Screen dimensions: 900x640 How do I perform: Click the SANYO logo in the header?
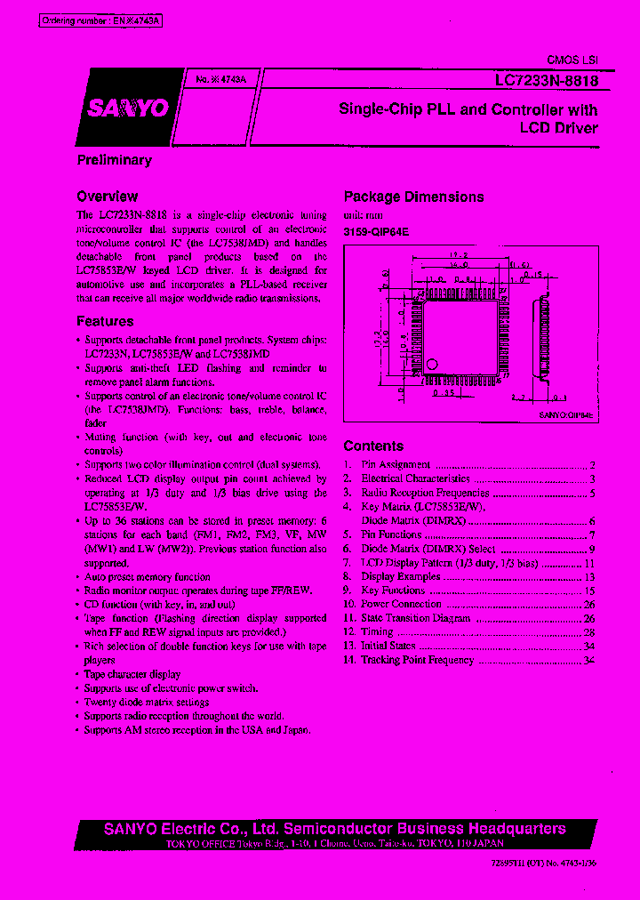tap(127, 108)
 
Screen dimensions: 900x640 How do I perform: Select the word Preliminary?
tap(114, 160)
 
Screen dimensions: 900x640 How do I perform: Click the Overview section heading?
tap(107, 197)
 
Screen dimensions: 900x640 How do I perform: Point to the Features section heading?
tap(105, 322)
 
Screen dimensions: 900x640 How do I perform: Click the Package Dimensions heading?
tap(413, 197)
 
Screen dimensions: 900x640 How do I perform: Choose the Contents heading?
tap(373, 446)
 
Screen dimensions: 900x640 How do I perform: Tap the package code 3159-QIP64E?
tap(377, 231)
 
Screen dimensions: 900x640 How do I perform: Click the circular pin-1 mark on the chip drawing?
tap(433, 364)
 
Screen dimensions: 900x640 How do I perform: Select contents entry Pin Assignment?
tap(396, 465)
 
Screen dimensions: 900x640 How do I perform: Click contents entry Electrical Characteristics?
tap(415, 479)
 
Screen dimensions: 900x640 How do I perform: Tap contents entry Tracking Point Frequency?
tap(417, 660)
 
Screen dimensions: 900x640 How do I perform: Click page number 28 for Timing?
tap(588, 632)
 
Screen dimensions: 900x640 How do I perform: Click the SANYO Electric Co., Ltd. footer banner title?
tap(334, 829)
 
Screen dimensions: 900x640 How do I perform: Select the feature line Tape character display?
tap(132, 674)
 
